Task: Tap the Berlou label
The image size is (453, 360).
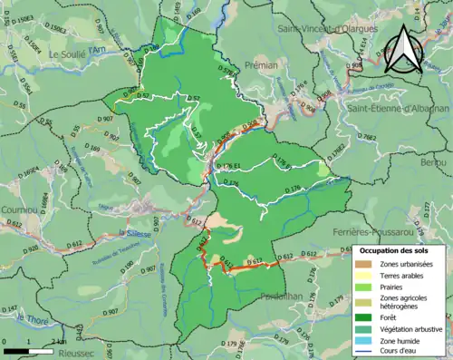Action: tap(434, 161)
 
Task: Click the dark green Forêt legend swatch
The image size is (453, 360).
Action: tap(367, 315)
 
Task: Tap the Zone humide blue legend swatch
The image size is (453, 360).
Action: tap(367, 341)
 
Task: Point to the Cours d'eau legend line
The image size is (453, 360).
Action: tap(367, 353)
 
